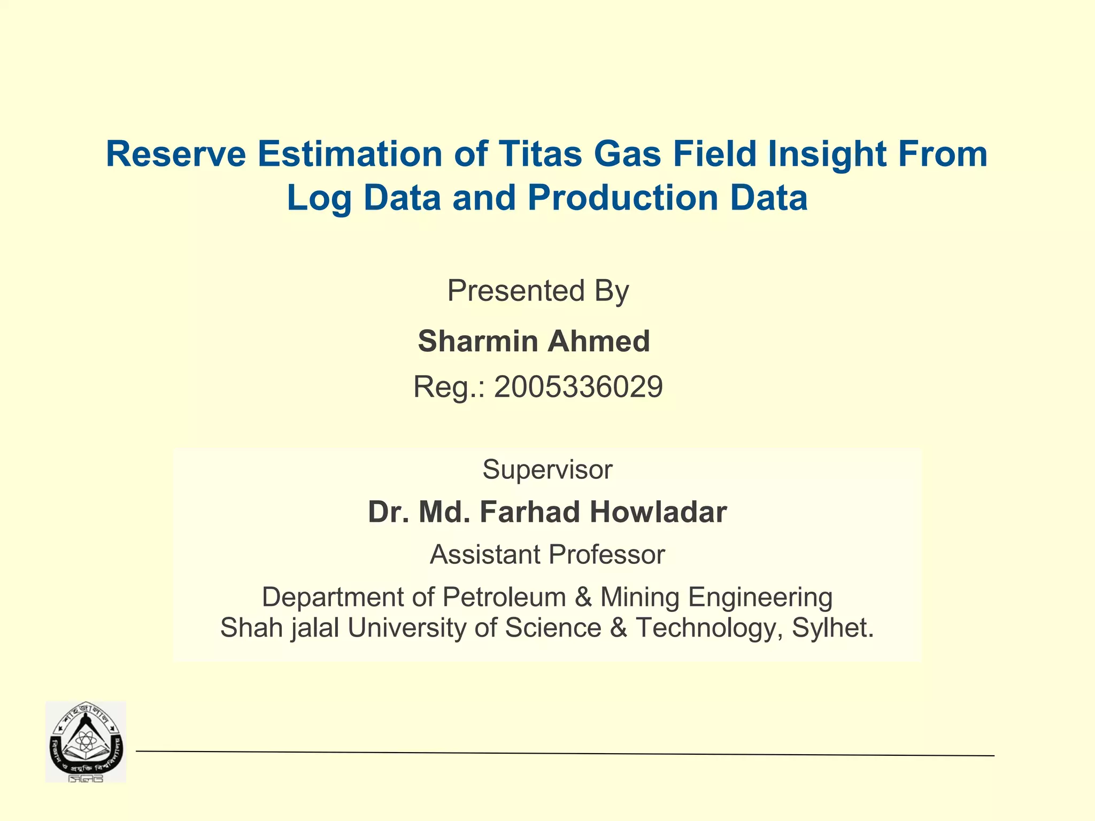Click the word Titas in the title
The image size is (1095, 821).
(539, 154)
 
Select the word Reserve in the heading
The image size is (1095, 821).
(176, 154)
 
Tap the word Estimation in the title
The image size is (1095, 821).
(350, 154)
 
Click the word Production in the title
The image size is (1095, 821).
(623, 198)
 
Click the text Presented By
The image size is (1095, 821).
(538, 291)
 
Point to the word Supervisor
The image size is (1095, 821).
(547, 470)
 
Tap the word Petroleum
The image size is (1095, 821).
(504, 597)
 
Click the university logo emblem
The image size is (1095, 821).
(86, 741)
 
